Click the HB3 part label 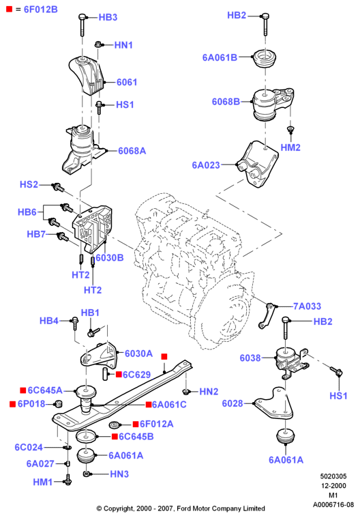108,17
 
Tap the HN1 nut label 123,45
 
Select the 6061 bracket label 127,82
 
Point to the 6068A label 132,151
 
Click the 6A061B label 220,57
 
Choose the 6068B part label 226,102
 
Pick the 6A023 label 206,165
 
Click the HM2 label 290,147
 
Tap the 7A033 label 307,306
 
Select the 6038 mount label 250,358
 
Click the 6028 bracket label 232,403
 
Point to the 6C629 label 136,375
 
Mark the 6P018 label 31,404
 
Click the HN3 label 119,474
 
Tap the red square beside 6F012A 136,424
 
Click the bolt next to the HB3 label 82,25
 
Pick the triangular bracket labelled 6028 273,403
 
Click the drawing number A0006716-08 333,505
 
